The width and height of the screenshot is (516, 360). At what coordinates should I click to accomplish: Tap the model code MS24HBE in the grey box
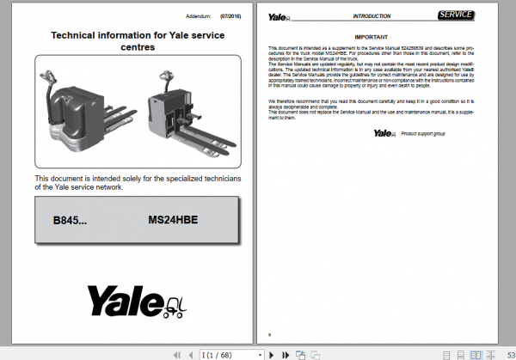pyautogui.click(x=173, y=220)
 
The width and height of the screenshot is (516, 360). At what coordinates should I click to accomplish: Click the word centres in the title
pyautogui.click(x=138, y=48)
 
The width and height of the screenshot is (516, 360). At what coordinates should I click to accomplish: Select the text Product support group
pyautogui.click(x=425, y=133)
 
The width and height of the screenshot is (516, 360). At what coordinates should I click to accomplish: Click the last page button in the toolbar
pyautogui.click(x=285, y=354)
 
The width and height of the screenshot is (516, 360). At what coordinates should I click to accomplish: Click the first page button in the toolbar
pyautogui.click(x=177, y=354)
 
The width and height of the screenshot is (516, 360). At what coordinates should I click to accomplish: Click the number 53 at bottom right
pyautogui.click(x=511, y=354)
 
